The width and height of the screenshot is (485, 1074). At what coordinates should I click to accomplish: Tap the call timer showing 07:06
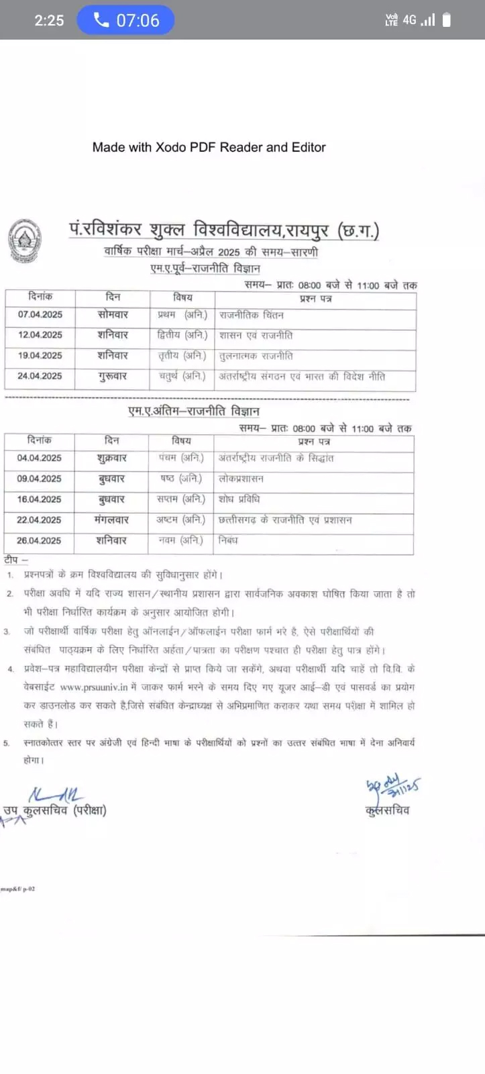[x=126, y=20]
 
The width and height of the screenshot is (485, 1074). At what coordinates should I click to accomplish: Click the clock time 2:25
[x=49, y=20]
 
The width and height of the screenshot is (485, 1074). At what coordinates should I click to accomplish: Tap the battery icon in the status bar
[x=447, y=20]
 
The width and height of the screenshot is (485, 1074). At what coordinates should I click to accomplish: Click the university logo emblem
[x=24, y=241]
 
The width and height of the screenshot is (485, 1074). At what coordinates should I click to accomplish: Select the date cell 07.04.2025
[x=40, y=314]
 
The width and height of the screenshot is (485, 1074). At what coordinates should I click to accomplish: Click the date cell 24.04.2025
[x=40, y=376]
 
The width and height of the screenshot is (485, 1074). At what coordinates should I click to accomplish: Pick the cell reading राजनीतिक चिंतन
[x=252, y=314]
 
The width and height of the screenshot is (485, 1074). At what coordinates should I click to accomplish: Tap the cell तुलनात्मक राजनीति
[x=256, y=356]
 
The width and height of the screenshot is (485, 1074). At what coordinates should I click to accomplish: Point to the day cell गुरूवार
[x=112, y=376]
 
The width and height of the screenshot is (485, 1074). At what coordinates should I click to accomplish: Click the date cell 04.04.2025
[x=39, y=458]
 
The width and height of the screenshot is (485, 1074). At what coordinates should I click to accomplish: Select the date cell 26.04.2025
[x=39, y=540]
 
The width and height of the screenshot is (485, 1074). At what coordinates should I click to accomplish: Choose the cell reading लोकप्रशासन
[x=241, y=479]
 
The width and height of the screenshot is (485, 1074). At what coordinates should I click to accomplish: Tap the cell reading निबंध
[x=228, y=540]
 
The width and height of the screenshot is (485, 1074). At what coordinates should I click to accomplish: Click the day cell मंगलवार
[x=111, y=520]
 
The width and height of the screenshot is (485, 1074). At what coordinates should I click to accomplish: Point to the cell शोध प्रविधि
[x=239, y=499]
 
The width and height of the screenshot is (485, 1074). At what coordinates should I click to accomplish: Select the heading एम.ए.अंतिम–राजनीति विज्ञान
[x=193, y=411]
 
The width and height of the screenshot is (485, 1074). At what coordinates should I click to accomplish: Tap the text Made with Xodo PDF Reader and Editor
[x=209, y=147]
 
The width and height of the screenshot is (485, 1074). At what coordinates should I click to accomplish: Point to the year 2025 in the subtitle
[x=229, y=252]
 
